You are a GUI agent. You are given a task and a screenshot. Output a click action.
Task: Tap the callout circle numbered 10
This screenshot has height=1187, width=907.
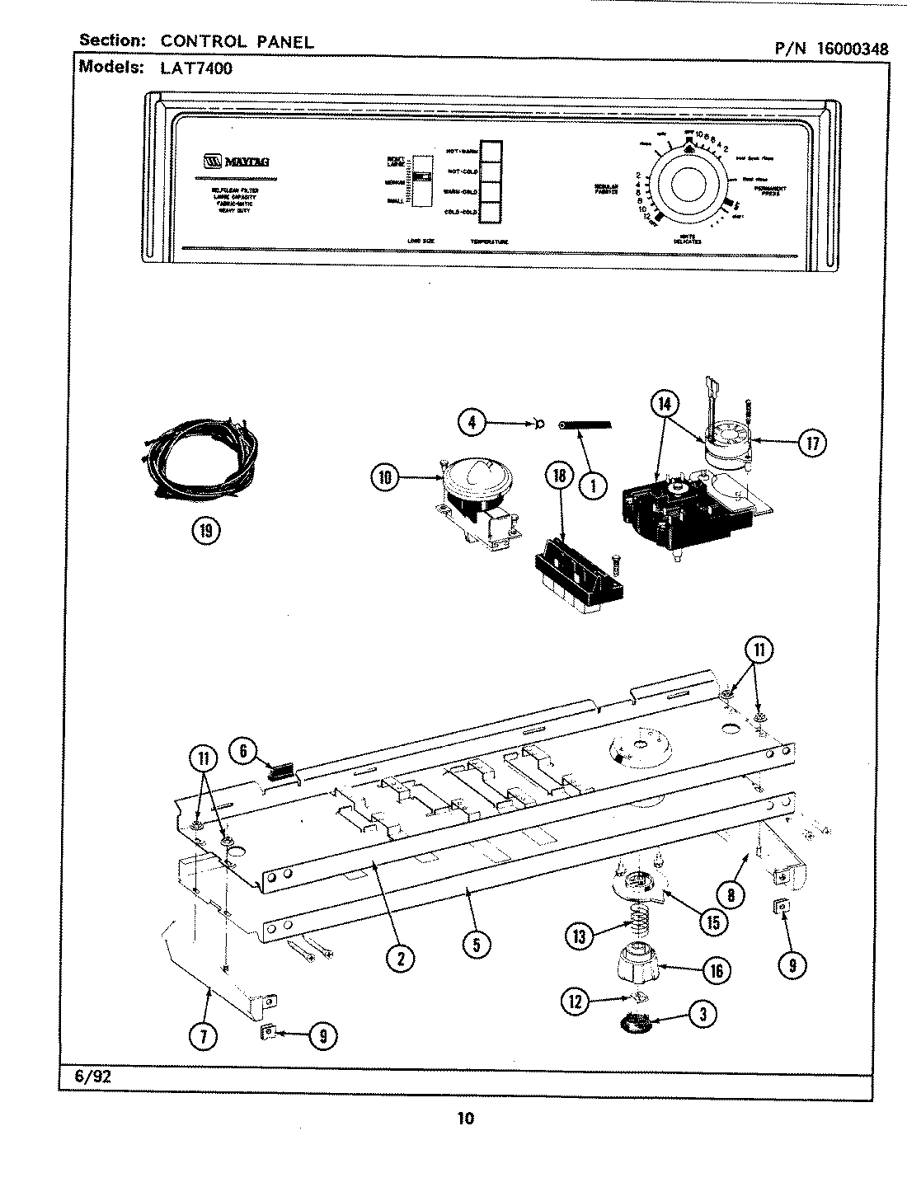(x=384, y=476)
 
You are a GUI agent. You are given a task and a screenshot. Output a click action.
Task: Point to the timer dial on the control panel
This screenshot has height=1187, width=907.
(x=688, y=183)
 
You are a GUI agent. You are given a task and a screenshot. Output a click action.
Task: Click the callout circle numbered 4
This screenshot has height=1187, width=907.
(x=472, y=423)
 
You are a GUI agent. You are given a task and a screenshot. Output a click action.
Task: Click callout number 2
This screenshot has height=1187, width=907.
(x=401, y=957)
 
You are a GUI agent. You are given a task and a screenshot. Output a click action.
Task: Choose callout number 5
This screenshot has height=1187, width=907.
(x=477, y=944)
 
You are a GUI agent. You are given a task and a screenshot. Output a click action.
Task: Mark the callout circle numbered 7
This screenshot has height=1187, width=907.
(x=204, y=1037)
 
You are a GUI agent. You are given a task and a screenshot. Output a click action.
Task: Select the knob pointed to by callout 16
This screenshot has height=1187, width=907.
(x=641, y=964)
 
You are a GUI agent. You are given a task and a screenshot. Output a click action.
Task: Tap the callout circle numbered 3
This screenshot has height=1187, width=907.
(x=703, y=1015)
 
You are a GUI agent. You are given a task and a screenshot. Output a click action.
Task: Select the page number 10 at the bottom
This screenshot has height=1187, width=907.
(x=465, y=1119)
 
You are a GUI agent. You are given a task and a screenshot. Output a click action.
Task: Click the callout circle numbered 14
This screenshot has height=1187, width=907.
(x=663, y=404)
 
